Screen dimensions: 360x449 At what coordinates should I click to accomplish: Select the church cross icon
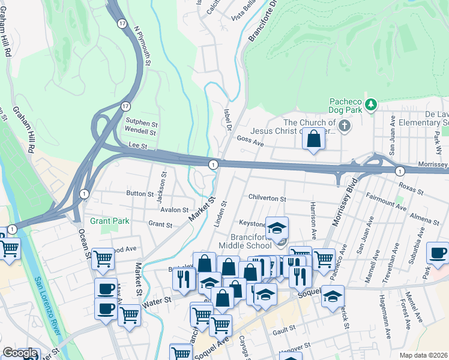coord(344,126)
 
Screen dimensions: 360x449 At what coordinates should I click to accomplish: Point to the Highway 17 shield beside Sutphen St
coord(125,106)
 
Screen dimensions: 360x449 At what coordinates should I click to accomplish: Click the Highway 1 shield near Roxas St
coord(400,172)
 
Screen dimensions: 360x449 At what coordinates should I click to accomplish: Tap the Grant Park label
coord(110,221)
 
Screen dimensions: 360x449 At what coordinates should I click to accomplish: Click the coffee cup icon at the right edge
coord(438,253)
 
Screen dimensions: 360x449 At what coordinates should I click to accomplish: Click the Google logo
coord(19,353)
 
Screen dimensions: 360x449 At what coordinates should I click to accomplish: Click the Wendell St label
coord(140,131)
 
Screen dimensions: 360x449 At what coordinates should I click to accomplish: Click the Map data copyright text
coord(424,355)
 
